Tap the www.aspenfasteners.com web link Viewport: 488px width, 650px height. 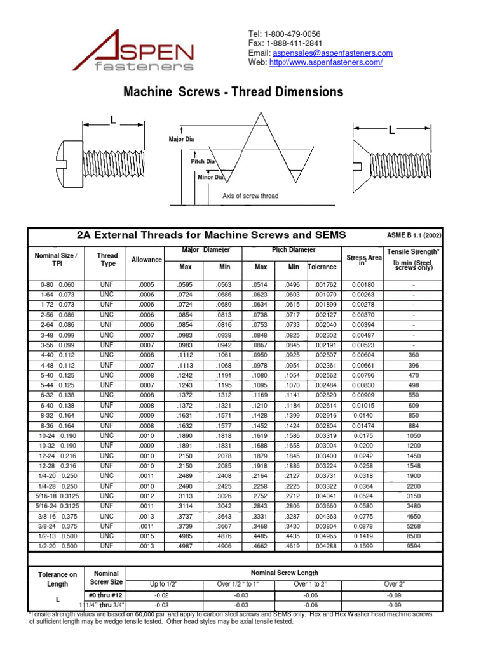click(x=326, y=62)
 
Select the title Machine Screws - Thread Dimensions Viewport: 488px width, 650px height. click(x=233, y=92)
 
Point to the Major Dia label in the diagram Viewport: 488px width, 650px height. click(x=181, y=139)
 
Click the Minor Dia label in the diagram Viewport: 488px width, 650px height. click(x=210, y=177)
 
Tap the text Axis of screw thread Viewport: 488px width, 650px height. click(x=250, y=196)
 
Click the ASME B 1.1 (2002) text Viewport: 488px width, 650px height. click(x=414, y=235)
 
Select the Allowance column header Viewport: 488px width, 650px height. click(x=147, y=260)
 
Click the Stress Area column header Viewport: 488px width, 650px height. click(x=364, y=260)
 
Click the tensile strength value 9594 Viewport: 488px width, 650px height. click(x=414, y=547)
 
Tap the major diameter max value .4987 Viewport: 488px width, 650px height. click(x=186, y=547)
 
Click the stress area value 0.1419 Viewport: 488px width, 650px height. click(x=363, y=536)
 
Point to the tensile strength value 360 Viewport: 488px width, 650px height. click(x=414, y=355)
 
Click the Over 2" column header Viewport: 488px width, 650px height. click(x=394, y=584)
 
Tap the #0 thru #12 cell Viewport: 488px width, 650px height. click(x=106, y=595)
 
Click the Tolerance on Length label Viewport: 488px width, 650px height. click(x=57, y=580)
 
